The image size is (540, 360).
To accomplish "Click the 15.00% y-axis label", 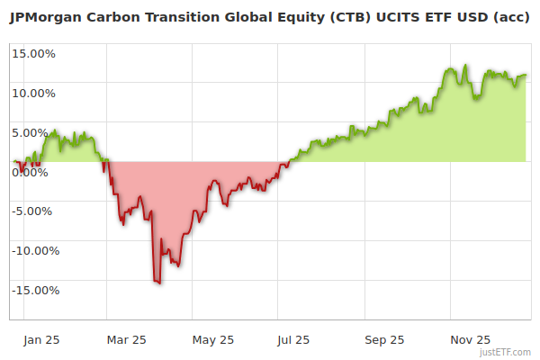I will click(34, 53).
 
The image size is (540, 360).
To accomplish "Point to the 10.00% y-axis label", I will click(34, 93).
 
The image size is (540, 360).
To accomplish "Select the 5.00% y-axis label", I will click(36, 132).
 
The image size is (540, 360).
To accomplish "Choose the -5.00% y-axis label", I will click(35, 211).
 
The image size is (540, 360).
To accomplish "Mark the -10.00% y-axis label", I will click(34, 251).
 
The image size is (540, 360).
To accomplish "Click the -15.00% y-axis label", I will click(34, 291).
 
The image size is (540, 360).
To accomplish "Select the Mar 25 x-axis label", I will click(126, 340).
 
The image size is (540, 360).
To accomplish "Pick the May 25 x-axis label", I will click(213, 340).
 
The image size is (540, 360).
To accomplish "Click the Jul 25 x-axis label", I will click(293, 340).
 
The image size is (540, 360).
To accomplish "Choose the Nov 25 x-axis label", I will click(471, 340).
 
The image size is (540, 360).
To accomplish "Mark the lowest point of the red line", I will click(159, 283).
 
